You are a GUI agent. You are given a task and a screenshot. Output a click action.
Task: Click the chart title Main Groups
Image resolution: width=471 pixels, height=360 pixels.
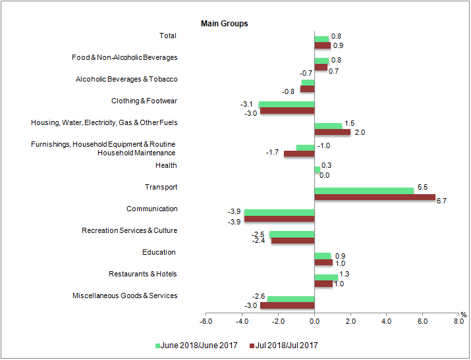tap(224, 24)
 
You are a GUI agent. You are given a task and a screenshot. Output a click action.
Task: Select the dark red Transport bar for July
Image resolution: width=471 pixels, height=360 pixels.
tap(375, 197)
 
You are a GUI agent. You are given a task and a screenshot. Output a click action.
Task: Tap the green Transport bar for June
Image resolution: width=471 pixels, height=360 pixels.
tap(364, 190)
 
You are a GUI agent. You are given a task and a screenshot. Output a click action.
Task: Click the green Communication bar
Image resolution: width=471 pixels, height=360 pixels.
tap(279, 212)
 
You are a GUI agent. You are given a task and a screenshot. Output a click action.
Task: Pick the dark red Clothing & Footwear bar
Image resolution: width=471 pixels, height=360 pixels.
tap(287, 111)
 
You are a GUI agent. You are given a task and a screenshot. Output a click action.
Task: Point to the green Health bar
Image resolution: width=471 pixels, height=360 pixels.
tap(317, 169)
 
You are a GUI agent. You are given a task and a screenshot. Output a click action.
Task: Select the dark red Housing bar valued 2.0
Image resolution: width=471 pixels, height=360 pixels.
tap(333, 132)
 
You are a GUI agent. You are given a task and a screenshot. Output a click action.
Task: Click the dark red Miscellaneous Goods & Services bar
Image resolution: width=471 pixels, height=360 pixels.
tap(287, 305)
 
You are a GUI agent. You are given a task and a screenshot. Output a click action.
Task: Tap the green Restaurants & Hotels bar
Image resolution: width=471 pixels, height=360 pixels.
tap(326, 277)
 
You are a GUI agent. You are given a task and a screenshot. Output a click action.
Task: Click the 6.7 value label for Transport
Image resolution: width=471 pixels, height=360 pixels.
tap(441, 201)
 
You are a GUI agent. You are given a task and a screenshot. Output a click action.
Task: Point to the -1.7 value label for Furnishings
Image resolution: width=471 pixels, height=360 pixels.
tap(272, 153)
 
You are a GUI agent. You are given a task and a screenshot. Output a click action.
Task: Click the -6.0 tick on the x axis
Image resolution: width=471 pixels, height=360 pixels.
tap(206, 321)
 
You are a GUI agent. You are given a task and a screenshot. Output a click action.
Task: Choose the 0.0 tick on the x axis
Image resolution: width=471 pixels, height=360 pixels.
tap(314, 321)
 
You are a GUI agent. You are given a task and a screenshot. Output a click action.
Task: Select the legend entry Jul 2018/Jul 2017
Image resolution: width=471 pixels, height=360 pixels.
tap(284, 345)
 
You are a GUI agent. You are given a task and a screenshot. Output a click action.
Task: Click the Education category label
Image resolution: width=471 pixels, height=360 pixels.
tap(159, 252)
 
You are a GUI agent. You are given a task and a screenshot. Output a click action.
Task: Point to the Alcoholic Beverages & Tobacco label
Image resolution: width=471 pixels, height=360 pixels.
tap(126, 80)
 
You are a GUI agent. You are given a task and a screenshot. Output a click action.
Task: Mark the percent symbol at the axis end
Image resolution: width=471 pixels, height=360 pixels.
tap(463, 314)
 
